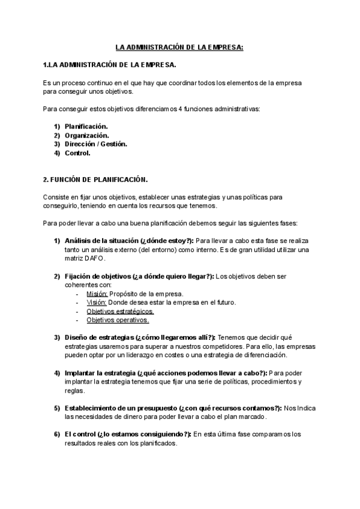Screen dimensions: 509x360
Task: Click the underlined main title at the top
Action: click(179, 47)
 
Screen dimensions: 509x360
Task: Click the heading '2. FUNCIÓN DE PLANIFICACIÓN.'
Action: click(95, 179)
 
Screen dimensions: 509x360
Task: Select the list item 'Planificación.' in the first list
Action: click(86, 126)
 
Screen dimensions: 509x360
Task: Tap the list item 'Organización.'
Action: click(86, 135)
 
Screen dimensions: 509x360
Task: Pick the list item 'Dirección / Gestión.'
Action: click(95, 144)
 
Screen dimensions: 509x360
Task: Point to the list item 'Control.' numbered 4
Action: click(77, 153)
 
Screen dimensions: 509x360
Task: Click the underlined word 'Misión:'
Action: click(97, 294)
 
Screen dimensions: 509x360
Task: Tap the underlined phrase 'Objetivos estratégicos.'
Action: click(120, 312)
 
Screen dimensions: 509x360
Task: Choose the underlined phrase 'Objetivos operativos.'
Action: click(118, 321)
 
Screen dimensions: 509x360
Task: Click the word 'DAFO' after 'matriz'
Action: click(95, 259)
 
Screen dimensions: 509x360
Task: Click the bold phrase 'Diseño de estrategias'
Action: click(99, 338)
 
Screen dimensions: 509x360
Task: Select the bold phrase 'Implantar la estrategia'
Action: click(100, 373)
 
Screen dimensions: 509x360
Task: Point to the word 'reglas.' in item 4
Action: click(75, 391)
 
